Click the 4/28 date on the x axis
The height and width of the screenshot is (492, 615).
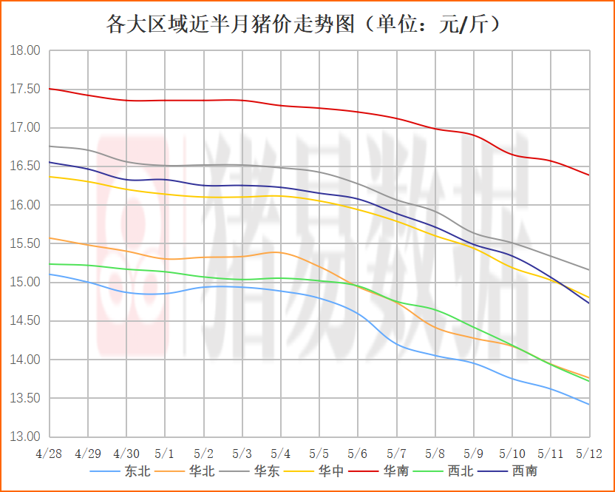pyautogui.click(x=49, y=452)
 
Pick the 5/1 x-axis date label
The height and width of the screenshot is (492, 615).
pyautogui.click(x=165, y=452)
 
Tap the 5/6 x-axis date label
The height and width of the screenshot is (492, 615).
pyautogui.click(x=358, y=452)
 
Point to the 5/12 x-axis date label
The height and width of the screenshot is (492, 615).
pyautogui.click(x=589, y=452)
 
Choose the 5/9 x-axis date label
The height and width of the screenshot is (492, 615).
pyautogui.click(x=473, y=452)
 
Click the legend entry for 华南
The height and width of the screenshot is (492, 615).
pyautogui.click(x=395, y=471)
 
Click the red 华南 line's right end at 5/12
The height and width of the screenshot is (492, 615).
pyautogui.click(x=589, y=175)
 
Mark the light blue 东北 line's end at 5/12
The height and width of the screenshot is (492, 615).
pyautogui.click(x=589, y=405)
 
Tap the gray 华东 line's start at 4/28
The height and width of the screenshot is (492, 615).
pyautogui.click(x=49, y=146)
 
